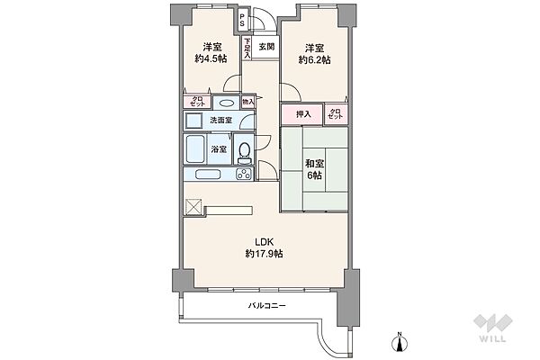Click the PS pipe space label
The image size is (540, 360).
coord(242,20)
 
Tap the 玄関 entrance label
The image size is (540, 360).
coord(266,47)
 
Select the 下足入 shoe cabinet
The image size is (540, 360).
coord(247,48)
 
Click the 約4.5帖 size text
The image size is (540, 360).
coord(211,58)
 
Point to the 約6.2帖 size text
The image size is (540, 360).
coord(314,60)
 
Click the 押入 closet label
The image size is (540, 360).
coord(303,114)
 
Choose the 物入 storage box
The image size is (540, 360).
coord(248,102)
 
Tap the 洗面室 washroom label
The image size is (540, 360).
coord(220,121)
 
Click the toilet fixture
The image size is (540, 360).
coord(245,153)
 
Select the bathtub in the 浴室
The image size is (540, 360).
coord(196,149)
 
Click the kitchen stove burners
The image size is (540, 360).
coord(244,174)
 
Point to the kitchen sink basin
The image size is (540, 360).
coord(208,175)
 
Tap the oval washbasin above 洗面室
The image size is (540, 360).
coord(226,103)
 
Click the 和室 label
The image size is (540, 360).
coord(314,164)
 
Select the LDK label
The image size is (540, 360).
coord(264,241)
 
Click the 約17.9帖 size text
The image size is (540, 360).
coord(264,254)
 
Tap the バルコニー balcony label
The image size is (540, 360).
coord(267,305)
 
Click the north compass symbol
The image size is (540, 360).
coord(400,343)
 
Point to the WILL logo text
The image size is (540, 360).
coord(493,338)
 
